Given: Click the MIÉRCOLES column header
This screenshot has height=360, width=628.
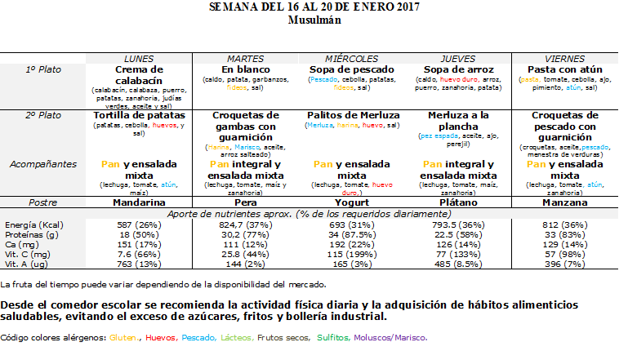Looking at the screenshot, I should pyautogui.click(x=351, y=59).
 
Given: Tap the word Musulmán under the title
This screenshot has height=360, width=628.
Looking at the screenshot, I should pyautogui.click(x=314, y=20).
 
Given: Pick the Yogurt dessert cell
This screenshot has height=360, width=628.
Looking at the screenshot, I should pyautogui.click(x=351, y=202).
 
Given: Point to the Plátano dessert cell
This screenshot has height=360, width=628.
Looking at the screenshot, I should pyautogui.click(x=457, y=202).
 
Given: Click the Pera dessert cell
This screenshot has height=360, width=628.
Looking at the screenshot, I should pyautogui.click(x=245, y=202).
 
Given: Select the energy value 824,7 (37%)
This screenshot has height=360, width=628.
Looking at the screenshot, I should pyautogui.click(x=245, y=224).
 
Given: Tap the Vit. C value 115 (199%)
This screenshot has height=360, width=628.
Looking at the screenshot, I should pyautogui.click(x=351, y=255).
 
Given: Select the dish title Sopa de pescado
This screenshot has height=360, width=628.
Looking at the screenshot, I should pyautogui.click(x=351, y=69).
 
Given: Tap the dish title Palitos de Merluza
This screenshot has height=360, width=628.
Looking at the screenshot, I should pyautogui.click(x=351, y=116).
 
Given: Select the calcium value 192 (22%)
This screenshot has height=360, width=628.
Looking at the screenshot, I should pyautogui.click(x=351, y=245).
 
